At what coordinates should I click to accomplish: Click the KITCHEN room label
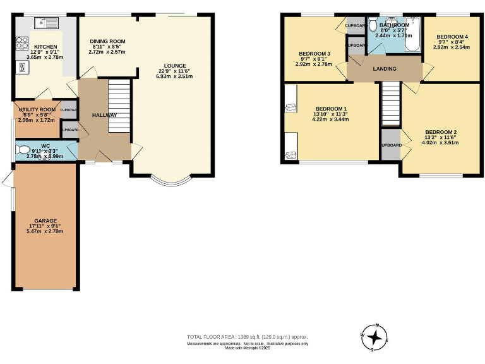coord(45,47)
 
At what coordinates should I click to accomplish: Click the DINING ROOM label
coord(109,42)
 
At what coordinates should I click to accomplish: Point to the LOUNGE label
coord(175,65)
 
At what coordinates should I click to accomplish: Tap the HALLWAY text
coord(104,115)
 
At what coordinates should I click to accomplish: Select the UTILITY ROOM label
coord(37,109)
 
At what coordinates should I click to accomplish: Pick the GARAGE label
coord(45,221)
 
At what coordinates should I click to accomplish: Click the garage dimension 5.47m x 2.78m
coord(45,231)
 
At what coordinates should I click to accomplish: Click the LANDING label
coord(385,69)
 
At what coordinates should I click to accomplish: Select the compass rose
coord(377,337)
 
